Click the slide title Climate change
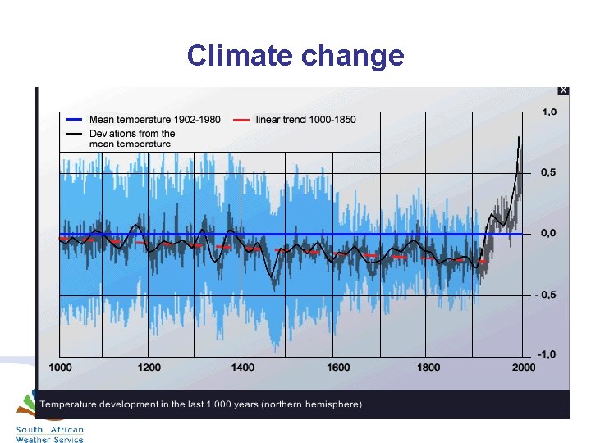295,56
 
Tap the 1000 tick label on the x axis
61,368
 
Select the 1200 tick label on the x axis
149,368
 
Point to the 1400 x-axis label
243,368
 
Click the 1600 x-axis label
337,368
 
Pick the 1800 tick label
428,368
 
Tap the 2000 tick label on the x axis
523,368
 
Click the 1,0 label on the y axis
548,112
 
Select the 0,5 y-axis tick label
548,172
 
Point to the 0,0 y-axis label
548,233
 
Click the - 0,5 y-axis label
546,295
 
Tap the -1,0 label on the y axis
547,354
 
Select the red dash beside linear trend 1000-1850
241,120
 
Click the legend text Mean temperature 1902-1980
154,120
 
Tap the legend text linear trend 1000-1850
306,120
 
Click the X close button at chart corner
563,90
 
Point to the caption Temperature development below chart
201,404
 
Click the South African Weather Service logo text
50,435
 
